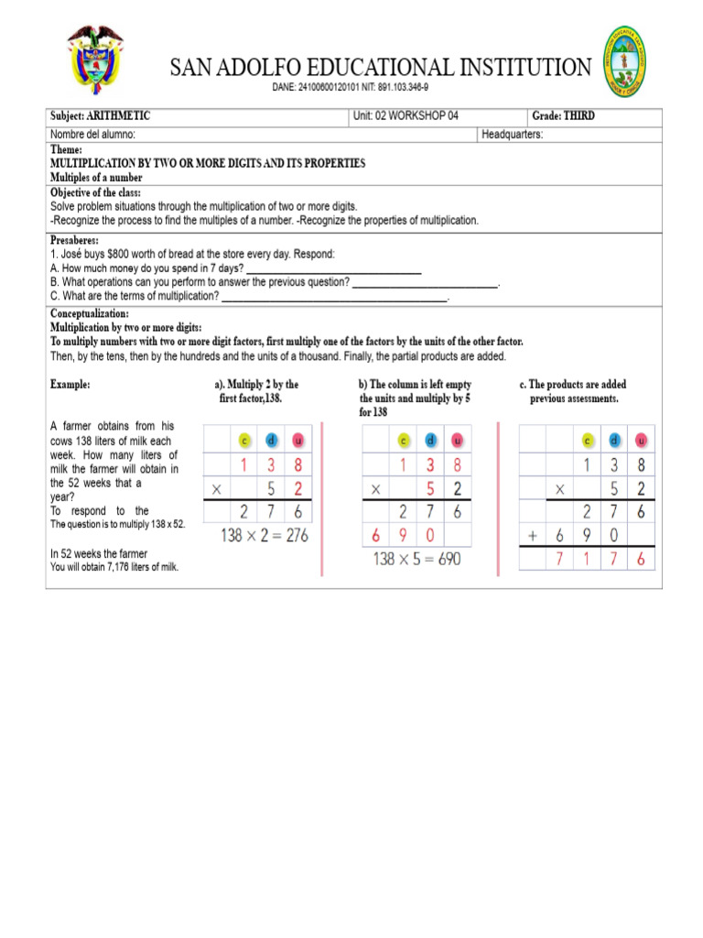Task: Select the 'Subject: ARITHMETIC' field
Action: [x=100, y=116]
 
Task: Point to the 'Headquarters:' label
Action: [x=512, y=134]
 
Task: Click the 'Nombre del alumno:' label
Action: [x=93, y=134]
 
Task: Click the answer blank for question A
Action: [x=334, y=268]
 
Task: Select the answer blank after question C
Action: [x=335, y=297]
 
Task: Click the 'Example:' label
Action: [x=70, y=386]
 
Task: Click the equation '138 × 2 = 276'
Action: [x=265, y=535]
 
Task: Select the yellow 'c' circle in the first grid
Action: [x=243, y=439]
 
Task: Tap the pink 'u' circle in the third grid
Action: [x=640, y=439]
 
